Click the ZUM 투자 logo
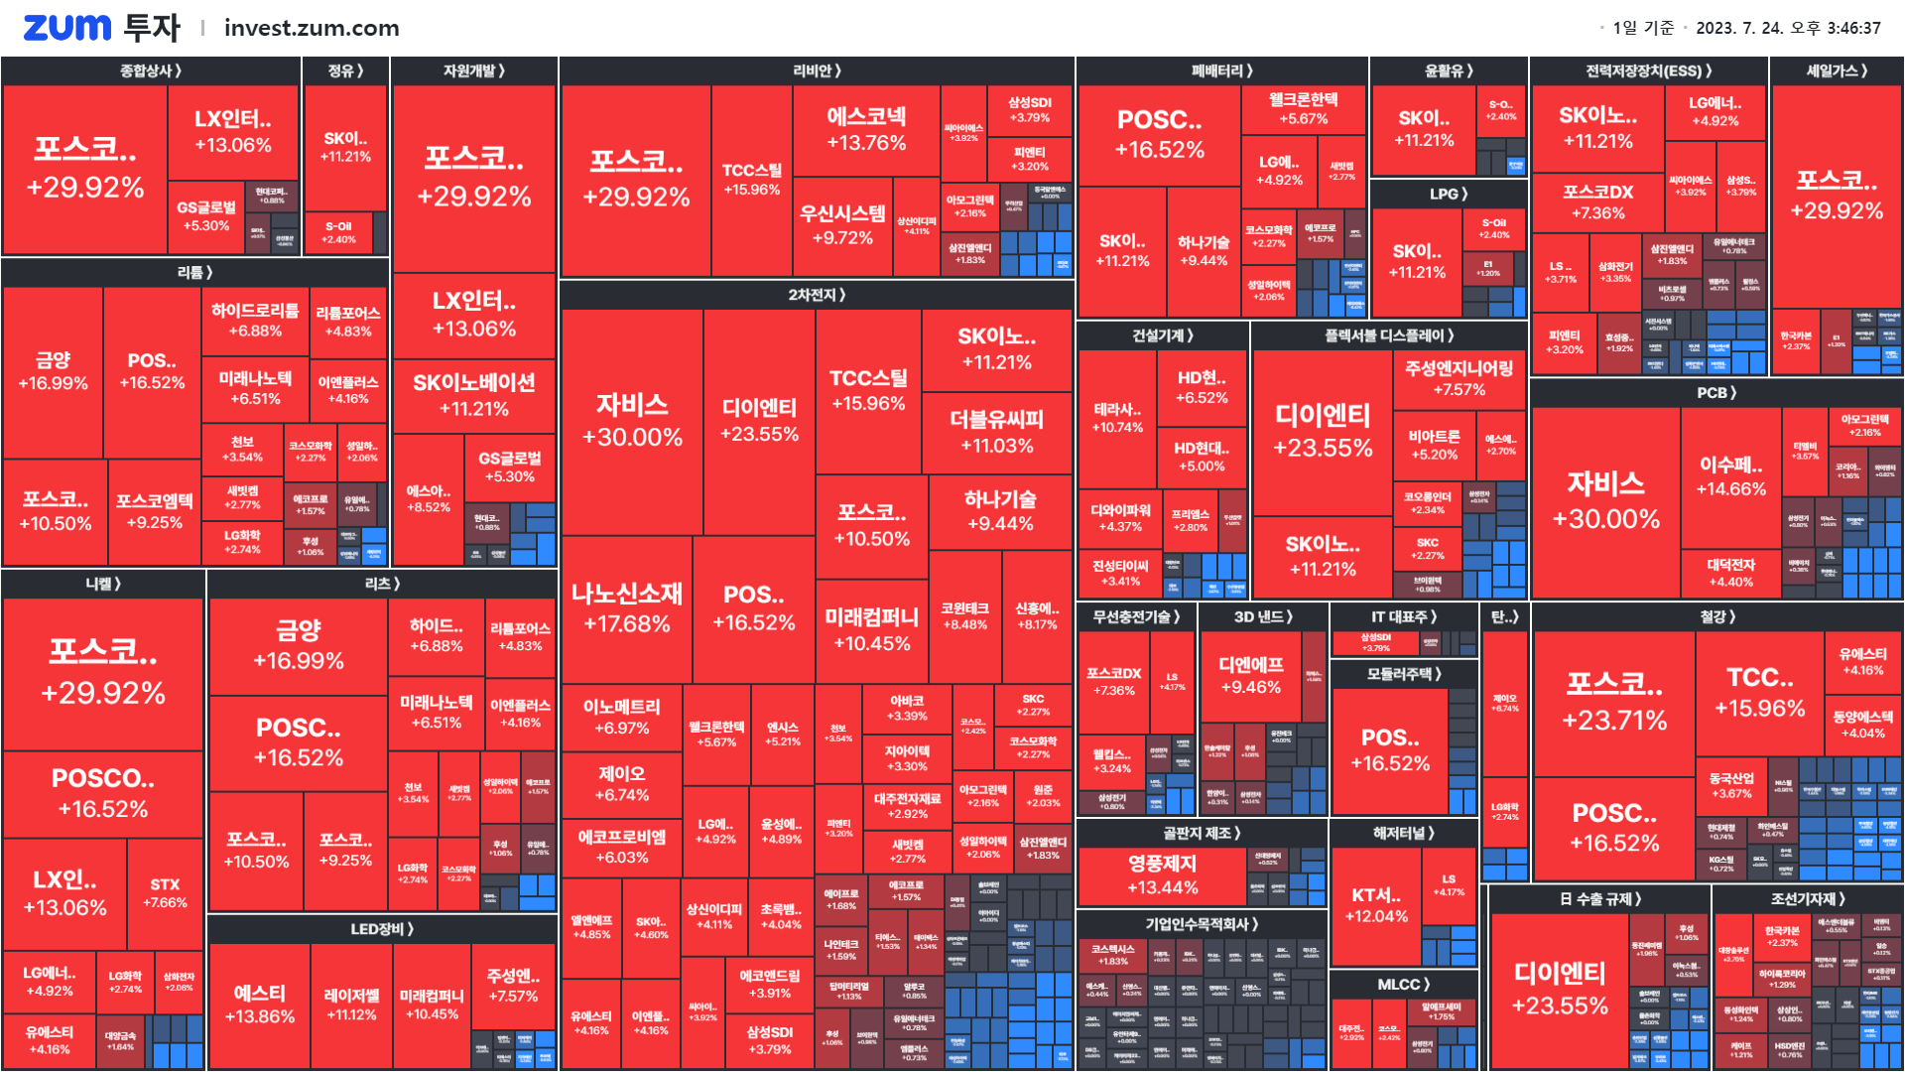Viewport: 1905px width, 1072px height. (101, 28)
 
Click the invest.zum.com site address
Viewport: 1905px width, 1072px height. (312, 28)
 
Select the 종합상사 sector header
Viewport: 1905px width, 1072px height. (151, 70)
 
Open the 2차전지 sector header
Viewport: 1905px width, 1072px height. (817, 295)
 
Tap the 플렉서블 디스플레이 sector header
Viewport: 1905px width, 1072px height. (1389, 335)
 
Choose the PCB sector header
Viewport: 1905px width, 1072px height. (1716, 392)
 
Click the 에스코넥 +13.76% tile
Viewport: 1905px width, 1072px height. (866, 129)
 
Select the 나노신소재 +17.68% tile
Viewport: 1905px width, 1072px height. (626, 607)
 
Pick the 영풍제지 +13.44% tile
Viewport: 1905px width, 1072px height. (1162, 874)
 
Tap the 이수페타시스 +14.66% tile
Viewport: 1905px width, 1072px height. (1730, 476)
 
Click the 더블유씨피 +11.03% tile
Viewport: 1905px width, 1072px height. (996, 432)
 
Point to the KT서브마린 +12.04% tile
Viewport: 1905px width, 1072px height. (1375, 905)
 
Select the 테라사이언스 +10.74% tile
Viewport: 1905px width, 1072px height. (1117, 418)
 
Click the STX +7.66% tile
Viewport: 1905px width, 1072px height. (165, 892)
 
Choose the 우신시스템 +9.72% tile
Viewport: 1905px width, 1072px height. (842, 225)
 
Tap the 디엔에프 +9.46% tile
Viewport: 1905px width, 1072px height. (1250, 675)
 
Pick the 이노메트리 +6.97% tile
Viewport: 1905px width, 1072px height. (621, 717)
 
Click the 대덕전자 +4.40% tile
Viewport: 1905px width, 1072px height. (1730, 573)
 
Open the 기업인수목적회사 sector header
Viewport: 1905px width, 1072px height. (1202, 924)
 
